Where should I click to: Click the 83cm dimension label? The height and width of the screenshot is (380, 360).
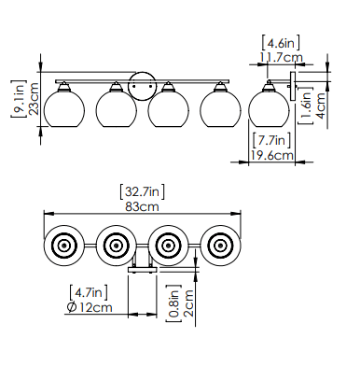(142, 206)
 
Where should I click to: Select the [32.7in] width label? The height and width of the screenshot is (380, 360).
(142, 191)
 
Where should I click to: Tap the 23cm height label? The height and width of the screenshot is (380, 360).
(34, 99)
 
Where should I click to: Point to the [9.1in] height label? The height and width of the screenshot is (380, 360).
(19, 99)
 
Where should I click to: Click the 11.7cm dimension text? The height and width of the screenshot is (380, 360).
(281, 57)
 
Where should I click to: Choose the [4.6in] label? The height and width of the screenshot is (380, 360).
(281, 43)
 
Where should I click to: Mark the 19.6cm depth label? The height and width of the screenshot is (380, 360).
(271, 155)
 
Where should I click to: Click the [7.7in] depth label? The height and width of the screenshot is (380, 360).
(271, 140)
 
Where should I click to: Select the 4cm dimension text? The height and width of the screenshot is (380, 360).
(320, 106)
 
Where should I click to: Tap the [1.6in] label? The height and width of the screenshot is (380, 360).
(305, 106)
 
